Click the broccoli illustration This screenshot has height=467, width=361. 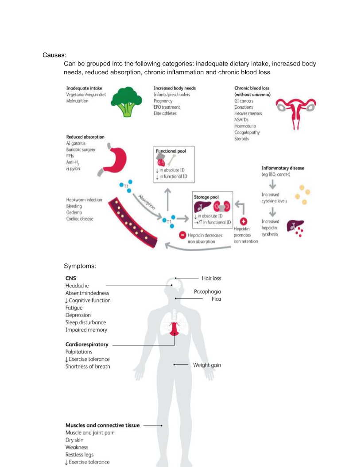[126, 101]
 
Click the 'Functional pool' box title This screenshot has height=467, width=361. [171, 151]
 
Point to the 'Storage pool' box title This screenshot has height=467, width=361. [206, 197]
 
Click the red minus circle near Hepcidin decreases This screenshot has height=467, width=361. [182, 235]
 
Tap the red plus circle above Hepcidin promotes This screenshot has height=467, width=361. [244, 221]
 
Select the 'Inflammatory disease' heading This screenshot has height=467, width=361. [283, 168]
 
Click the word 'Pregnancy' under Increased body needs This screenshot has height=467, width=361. [163, 101]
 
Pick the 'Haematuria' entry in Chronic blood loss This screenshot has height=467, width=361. [245, 126]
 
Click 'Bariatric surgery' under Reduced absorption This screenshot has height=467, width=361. [81, 149]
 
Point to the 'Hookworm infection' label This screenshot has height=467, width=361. [84, 199]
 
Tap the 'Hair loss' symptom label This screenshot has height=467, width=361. [212, 278]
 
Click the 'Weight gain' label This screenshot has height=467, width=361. [207, 365]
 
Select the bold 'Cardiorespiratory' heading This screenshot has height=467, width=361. [87, 345]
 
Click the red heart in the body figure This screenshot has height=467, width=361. [174, 329]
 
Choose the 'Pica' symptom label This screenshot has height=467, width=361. [216, 299]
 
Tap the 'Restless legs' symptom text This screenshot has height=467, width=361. [79, 455]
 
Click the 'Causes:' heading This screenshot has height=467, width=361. [54, 55]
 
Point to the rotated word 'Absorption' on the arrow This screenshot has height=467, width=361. [147, 202]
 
